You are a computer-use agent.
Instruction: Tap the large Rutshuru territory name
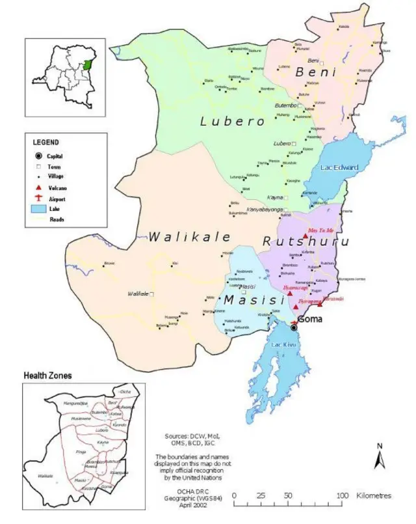pyautogui.click(x=305, y=241)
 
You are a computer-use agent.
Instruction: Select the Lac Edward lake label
pyautogui.click(x=340, y=167)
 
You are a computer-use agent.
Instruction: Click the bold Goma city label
pyautogui.click(x=310, y=319)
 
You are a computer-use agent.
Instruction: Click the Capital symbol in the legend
pyautogui.click(x=38, y=156)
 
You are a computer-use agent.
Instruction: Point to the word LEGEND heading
pyautogui.click(x=46, y=142)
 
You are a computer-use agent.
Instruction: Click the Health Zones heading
pyautogui.click(x=47, y=376)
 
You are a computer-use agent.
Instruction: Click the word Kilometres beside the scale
pyautogui.click(x=374, y=496)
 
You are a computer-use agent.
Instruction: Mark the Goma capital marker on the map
pyautogui.click(x=293, y=328)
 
